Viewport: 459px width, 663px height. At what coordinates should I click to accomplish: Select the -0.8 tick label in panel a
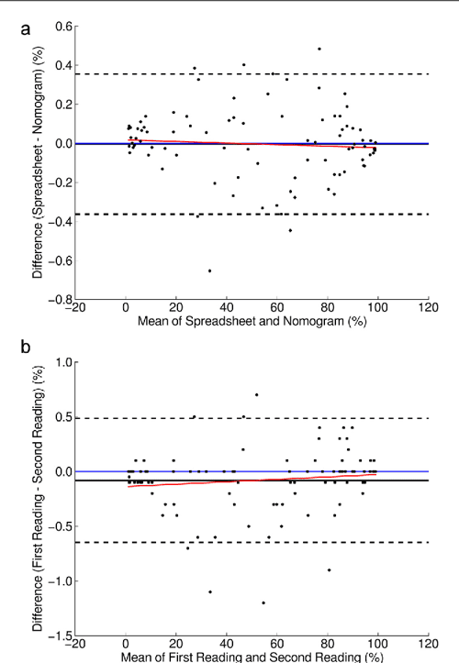pos(60,300)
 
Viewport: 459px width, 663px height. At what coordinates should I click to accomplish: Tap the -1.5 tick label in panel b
pos(60,635)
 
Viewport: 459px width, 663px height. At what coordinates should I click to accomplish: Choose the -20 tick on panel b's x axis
pos(74,646)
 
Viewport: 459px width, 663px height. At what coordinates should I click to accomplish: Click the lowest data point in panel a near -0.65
pos(209,271)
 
